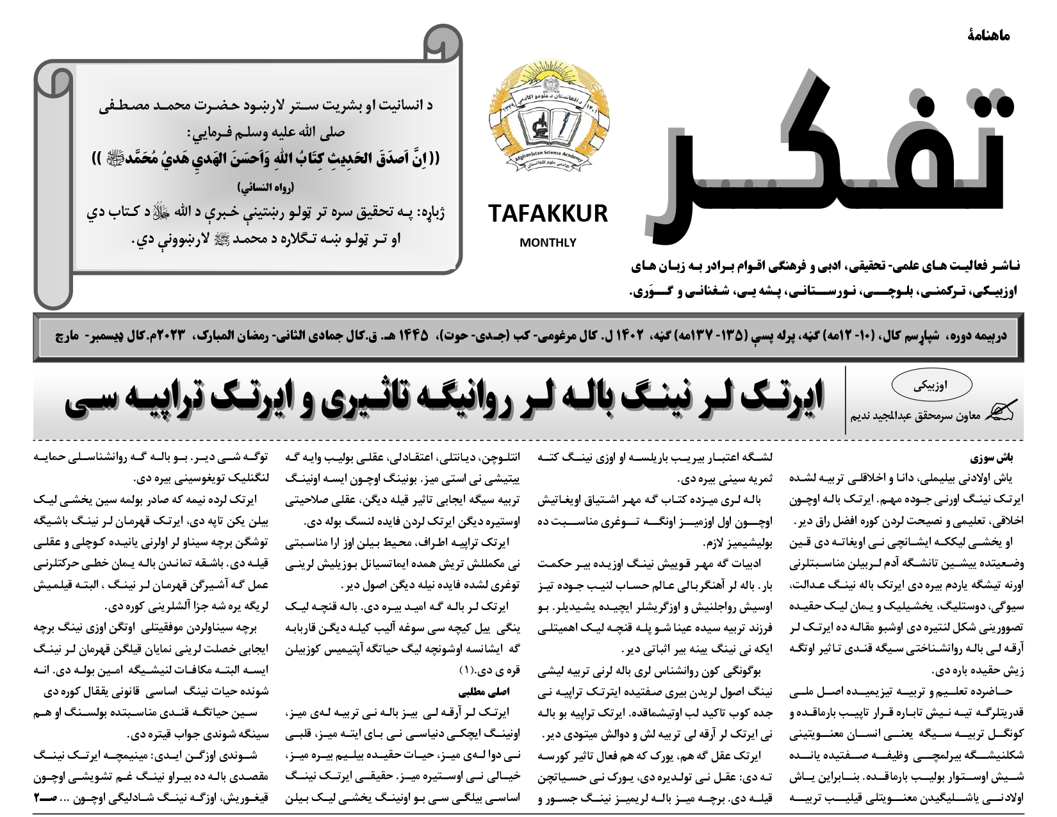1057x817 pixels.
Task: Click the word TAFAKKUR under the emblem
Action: click(x=548, y=213)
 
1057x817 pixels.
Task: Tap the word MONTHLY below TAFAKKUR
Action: click(x=548, y=243)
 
